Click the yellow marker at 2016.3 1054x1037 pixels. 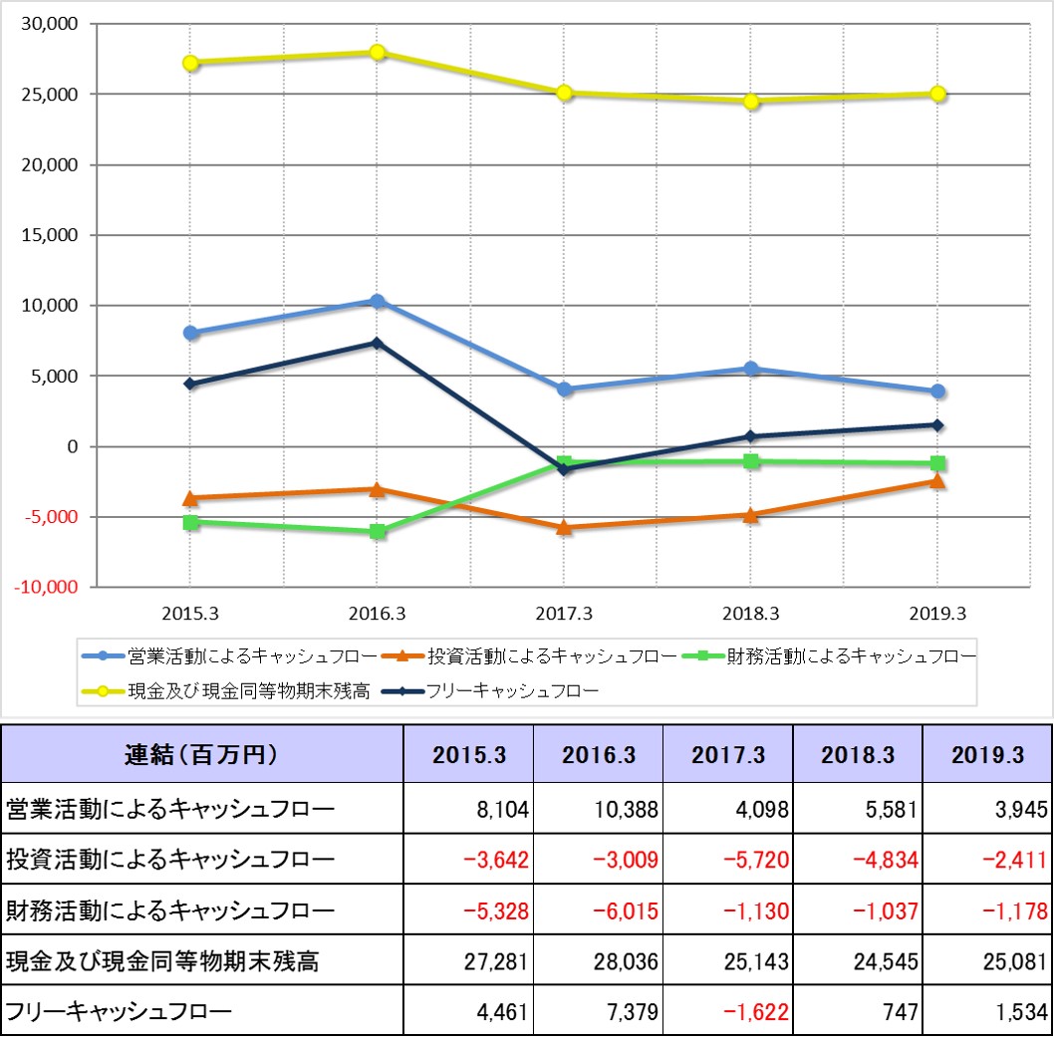pos(378,53)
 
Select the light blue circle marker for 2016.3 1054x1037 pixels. pos(378,301)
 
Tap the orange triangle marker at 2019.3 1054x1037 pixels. pos(937,481)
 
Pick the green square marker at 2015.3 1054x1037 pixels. pos(190,522)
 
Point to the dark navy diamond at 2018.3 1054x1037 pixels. pos(751,436)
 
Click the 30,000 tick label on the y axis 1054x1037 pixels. pos(49,24)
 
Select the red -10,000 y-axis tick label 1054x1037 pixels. pos(45,588)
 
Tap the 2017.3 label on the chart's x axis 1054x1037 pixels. pos(564,614)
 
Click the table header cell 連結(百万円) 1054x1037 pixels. pos(202,755)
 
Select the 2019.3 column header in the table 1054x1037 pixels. pos(986,755)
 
